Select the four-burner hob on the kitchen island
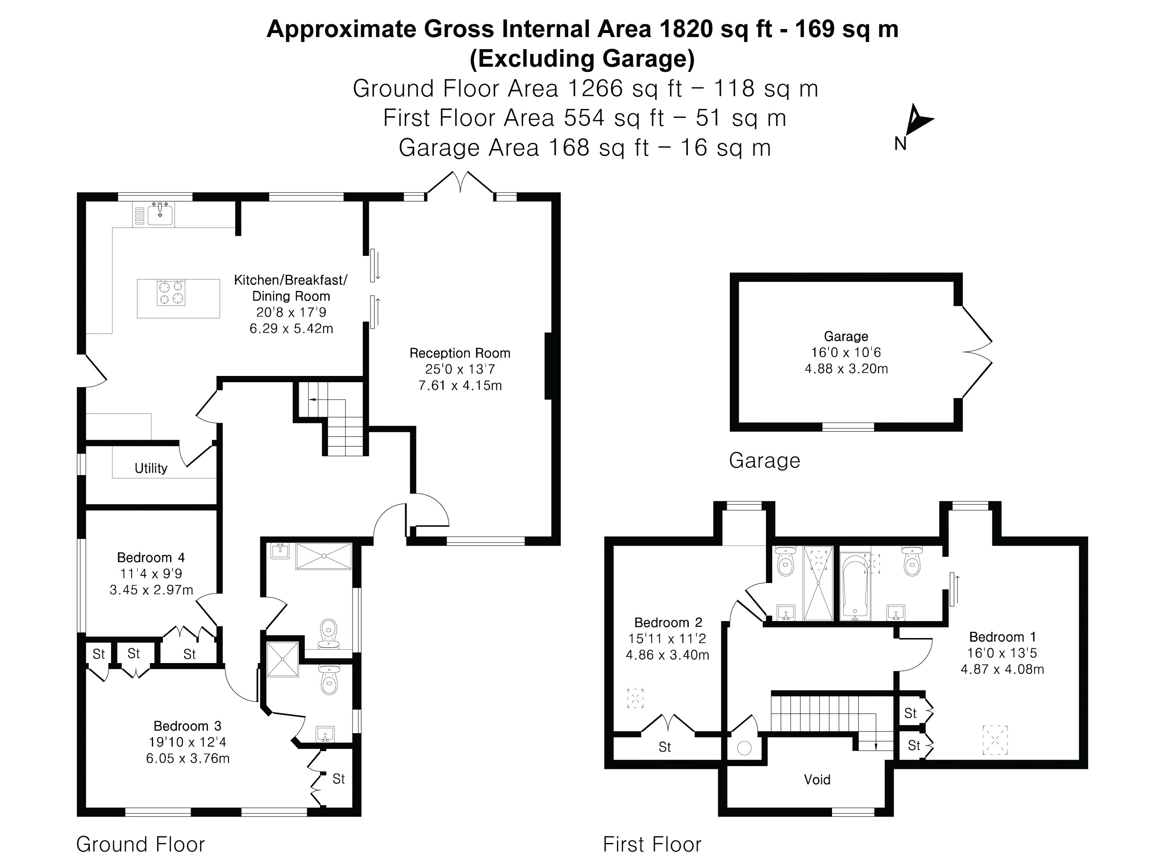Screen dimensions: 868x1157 (x=171, y=292)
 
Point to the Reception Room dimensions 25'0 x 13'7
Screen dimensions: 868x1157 (x=459, y=369)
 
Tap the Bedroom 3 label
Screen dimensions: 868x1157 (x=187, y=726)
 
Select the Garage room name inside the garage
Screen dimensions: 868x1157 (x=846, y=336)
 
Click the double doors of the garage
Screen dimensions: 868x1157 (x=977, y=351)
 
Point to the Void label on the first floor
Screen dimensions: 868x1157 (x=816, y=780)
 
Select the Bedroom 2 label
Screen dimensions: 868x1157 (x=668, y=622)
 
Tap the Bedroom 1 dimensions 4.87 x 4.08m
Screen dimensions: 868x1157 (x=1002, y=669)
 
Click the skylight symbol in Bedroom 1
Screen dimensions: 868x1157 (x=995, y=740)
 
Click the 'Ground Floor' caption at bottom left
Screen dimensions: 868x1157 (x=140, y=844)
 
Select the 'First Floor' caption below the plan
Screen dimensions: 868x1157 (x=652, y=844)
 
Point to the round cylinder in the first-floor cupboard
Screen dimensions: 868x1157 (x=744, y=748)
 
